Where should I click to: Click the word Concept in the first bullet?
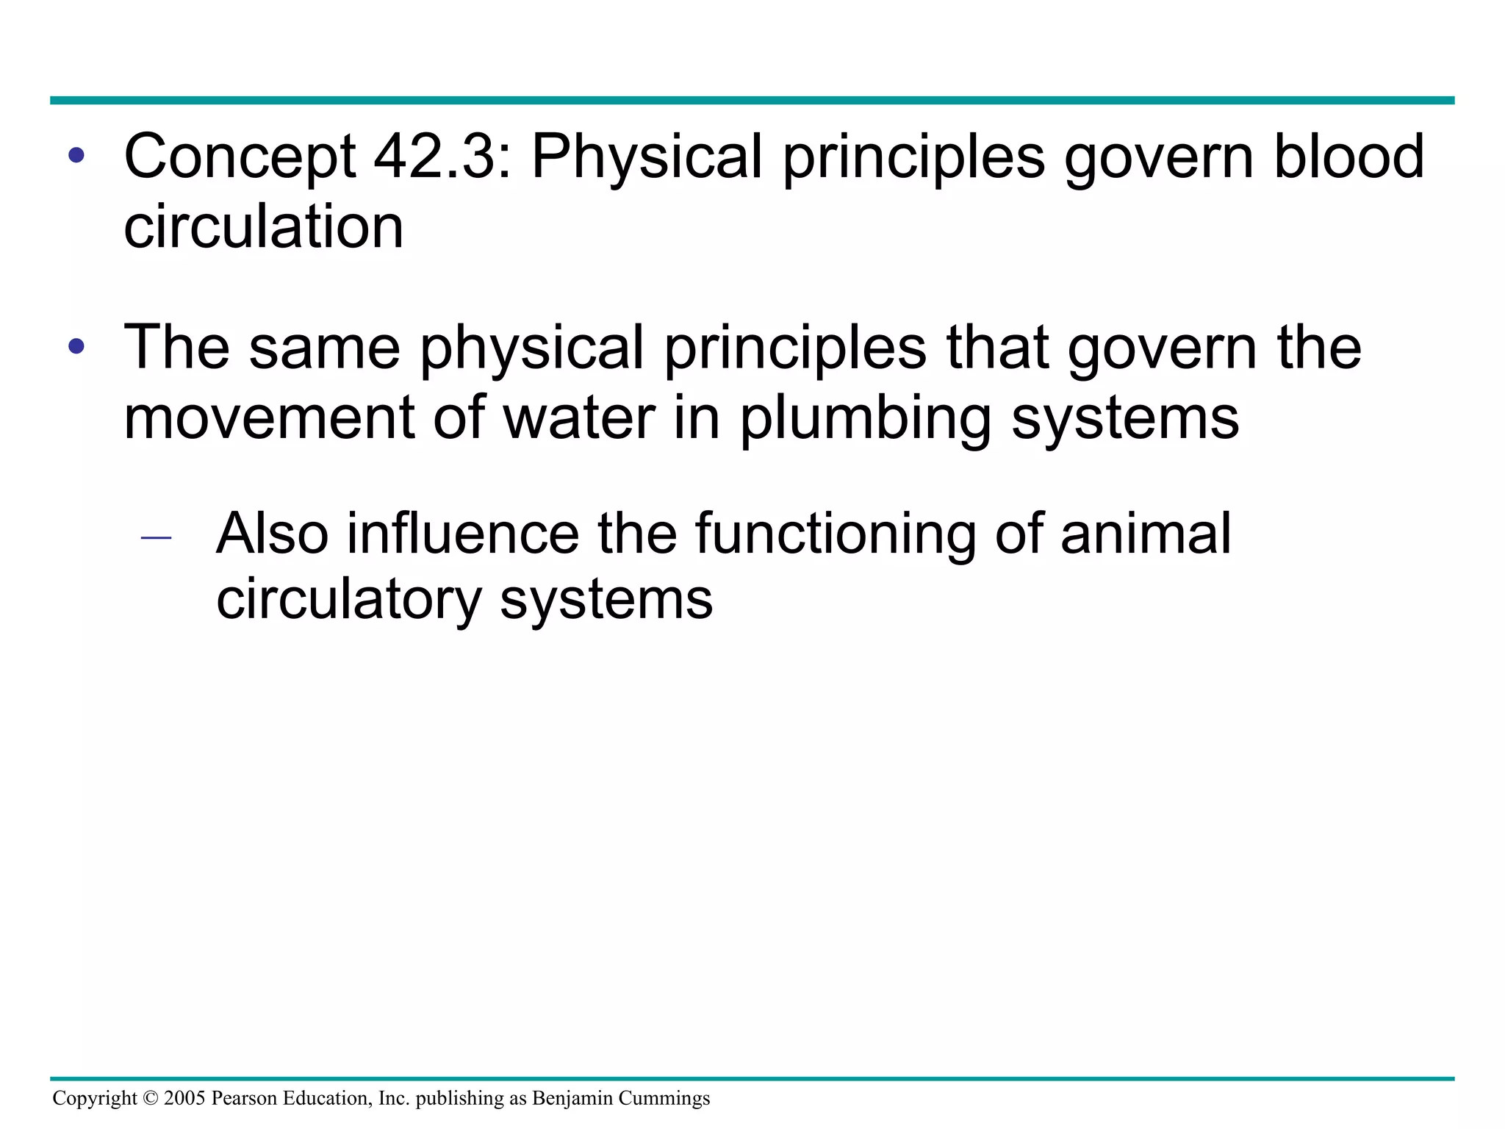[x=240, y=157]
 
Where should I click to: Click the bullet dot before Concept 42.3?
[x=76, y=156]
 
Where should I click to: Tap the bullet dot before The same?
[x=76, y=346]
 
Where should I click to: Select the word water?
[x=578, y=417]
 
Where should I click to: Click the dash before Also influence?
[x=156, y=538]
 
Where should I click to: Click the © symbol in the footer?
[x=151, y=1099]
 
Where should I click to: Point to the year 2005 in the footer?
[x=184, y=1098]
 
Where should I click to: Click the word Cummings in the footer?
[x=664, y=1098]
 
